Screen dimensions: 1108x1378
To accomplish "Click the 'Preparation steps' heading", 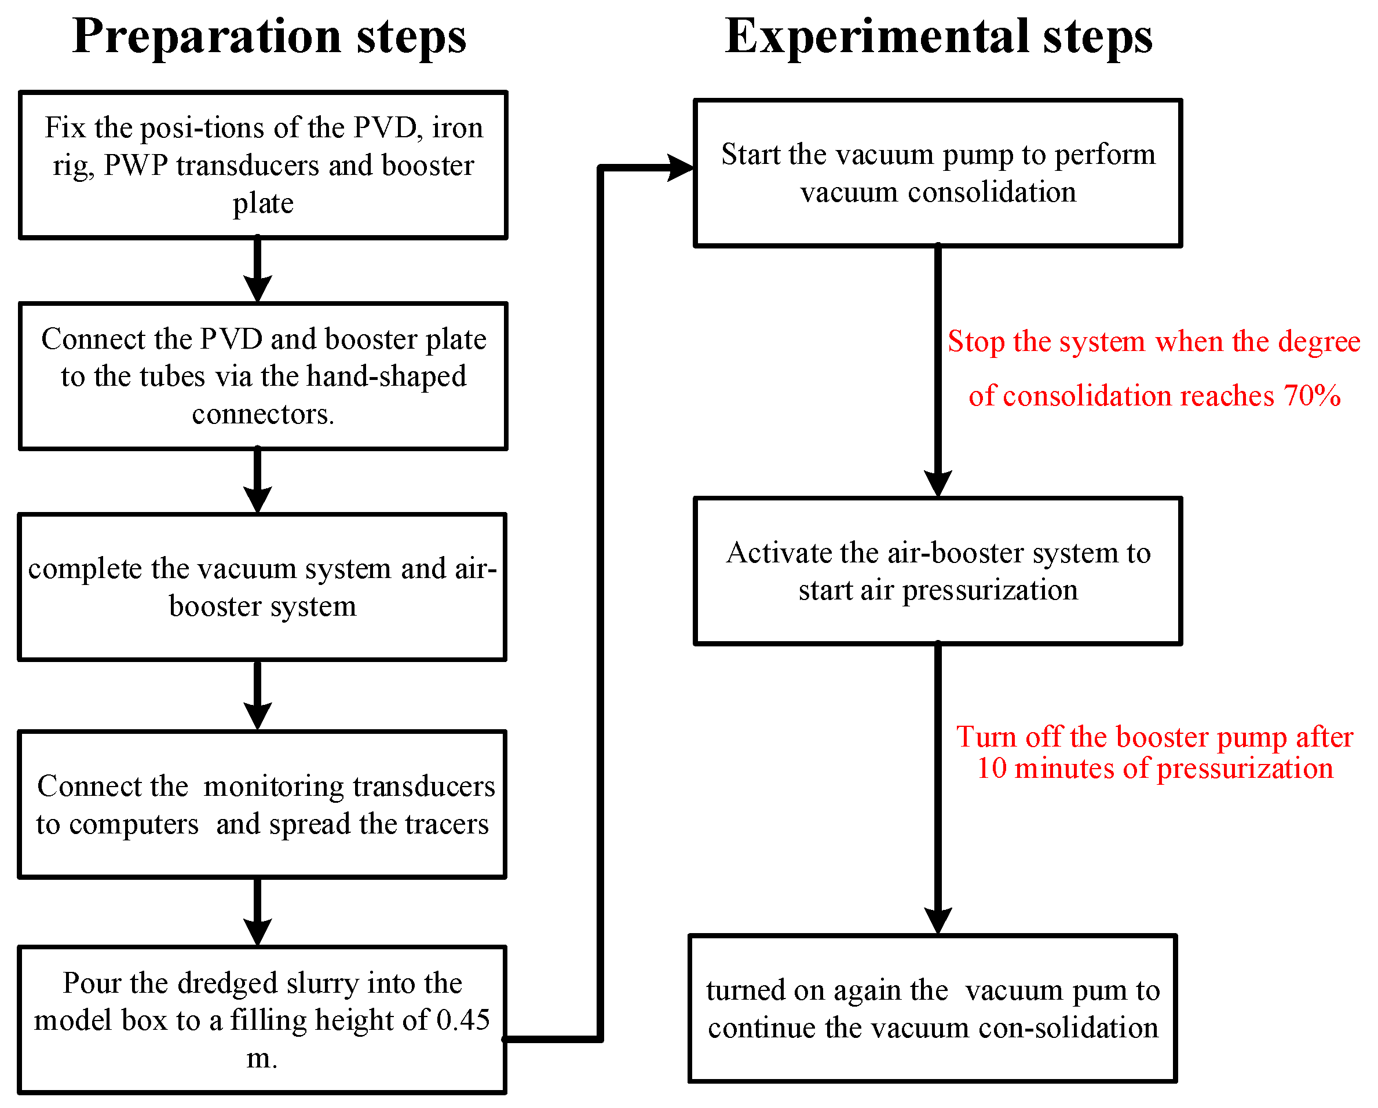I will coord(269,36).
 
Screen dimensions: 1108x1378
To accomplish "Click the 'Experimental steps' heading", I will coord(938,36).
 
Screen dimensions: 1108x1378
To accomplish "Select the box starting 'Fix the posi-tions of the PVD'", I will coord(263,165).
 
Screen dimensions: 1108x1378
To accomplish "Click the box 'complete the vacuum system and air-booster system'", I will coord(262,587).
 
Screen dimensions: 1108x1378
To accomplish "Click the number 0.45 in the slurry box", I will coord(463,1020).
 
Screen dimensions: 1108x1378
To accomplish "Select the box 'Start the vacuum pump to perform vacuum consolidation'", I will coord(938,173).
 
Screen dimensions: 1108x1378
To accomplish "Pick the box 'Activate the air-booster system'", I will coord(938,571).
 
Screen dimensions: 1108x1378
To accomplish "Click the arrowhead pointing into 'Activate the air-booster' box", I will coord(938,482).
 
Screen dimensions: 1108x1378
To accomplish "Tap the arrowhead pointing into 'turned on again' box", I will coord(938,920).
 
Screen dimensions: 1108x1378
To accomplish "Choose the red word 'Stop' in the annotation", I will coord(975,341).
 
